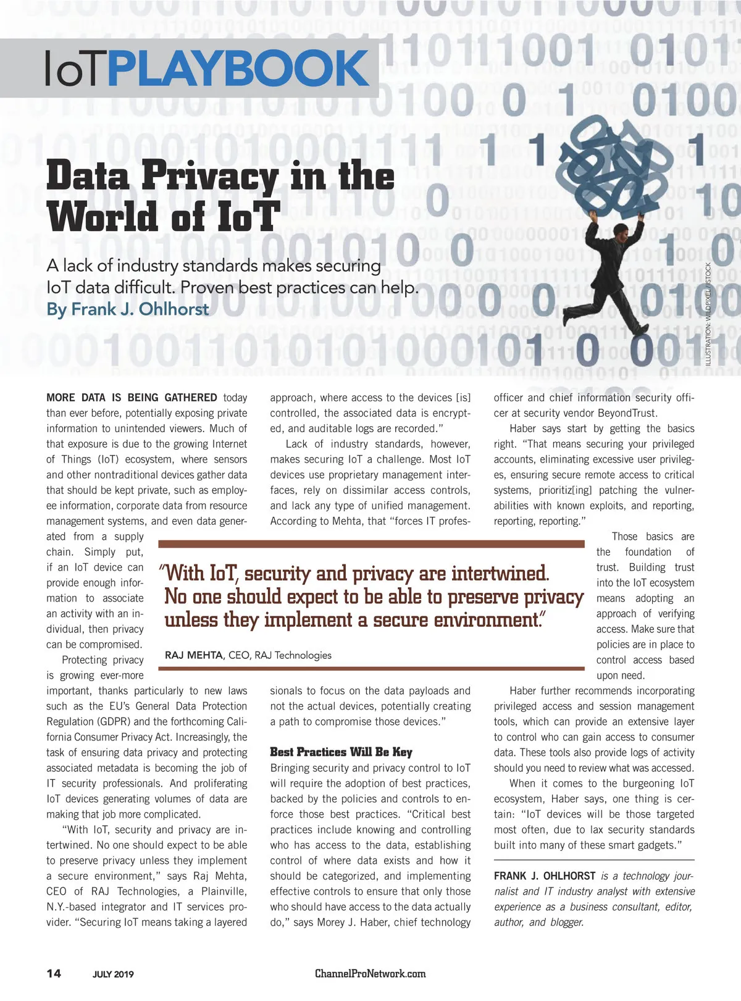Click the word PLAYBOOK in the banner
[x=238, y=69]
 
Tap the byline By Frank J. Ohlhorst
[x=128, y=309]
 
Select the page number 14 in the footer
[x=54, y=974]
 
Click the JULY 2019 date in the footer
[x=113, y=974]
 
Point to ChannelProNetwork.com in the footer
[x=370, y=974]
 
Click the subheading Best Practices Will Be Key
[x=341, y=752]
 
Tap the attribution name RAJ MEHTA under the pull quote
[x=194, y=655]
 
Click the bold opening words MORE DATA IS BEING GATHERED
[x=132, y=398]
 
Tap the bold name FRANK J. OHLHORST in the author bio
[x=544, y=876]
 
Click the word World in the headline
[x=102, y=217]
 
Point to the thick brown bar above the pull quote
[x=371, y=544]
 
